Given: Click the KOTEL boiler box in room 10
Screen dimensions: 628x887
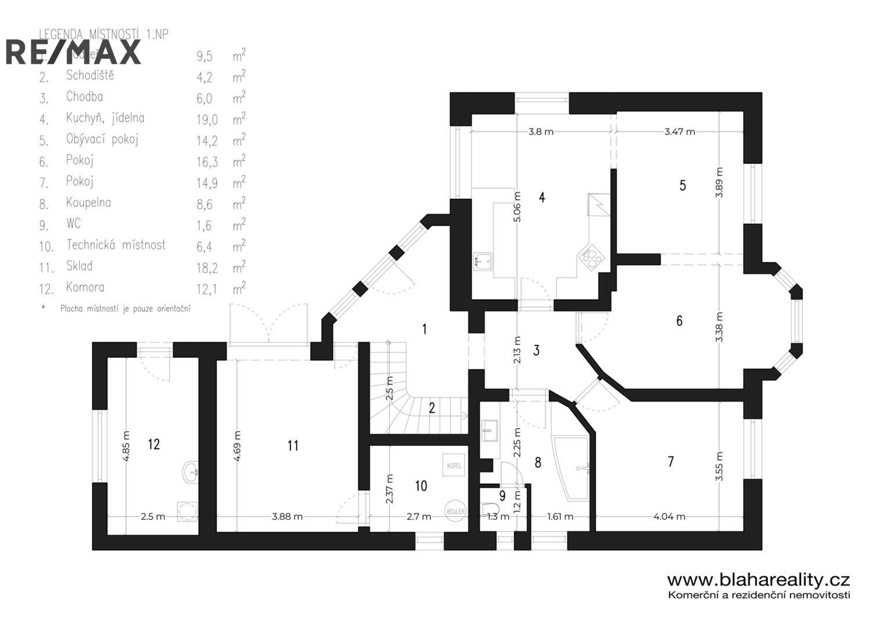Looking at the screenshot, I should point(454,465).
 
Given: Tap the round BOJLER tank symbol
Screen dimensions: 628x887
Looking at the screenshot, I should point(455,511).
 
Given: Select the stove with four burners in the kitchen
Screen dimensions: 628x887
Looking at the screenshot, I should point(591,258).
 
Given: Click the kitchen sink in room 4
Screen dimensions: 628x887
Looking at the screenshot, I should point(483,261).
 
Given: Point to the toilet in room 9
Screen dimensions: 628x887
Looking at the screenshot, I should point(490,509).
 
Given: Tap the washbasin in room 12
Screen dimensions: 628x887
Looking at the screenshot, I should point(191,472).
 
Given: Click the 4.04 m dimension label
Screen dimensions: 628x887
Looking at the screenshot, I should point(669,516).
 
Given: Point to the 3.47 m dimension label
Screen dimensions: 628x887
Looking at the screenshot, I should point(680,132).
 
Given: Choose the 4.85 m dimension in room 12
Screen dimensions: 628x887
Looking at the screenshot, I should point(126,447).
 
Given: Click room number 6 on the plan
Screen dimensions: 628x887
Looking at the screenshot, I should point(680,320).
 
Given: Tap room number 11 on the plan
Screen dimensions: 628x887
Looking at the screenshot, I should point(293,445).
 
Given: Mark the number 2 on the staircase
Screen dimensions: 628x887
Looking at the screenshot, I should point(432,408).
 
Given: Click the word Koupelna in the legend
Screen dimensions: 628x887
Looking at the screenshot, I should point(88,202).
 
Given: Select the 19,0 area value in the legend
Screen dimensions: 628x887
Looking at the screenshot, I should point(207,120).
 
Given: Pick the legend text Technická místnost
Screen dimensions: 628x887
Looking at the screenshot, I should point(116,245).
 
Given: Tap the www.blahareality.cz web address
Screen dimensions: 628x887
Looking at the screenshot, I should point(758,580).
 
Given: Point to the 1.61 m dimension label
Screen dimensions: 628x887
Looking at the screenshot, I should point(560,516).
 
